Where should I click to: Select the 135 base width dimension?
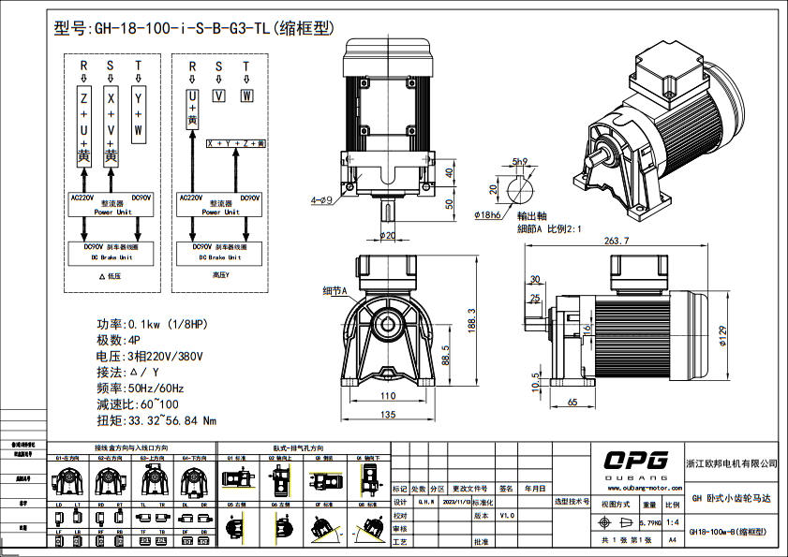pos(386,415)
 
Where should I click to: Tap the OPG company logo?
pos(634,460)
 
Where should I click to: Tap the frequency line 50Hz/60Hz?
pos(155,388)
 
